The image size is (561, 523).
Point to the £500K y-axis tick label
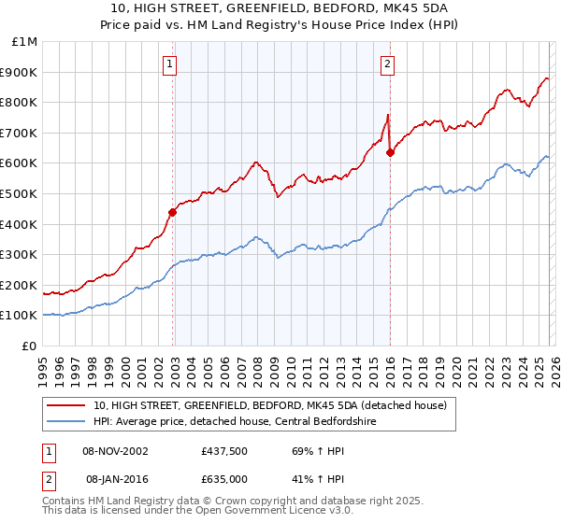[x=21, y=193]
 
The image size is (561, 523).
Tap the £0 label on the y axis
[x=30, y=346]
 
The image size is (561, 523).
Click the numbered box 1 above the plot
[x=169, y=64]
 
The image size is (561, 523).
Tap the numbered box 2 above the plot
[x=386, y=64]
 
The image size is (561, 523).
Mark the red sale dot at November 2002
[x=172, y=212]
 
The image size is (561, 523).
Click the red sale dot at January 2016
[x=390, y=152]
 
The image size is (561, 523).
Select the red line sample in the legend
[x=66, y=405]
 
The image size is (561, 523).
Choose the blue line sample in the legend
[x=66, y=421]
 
